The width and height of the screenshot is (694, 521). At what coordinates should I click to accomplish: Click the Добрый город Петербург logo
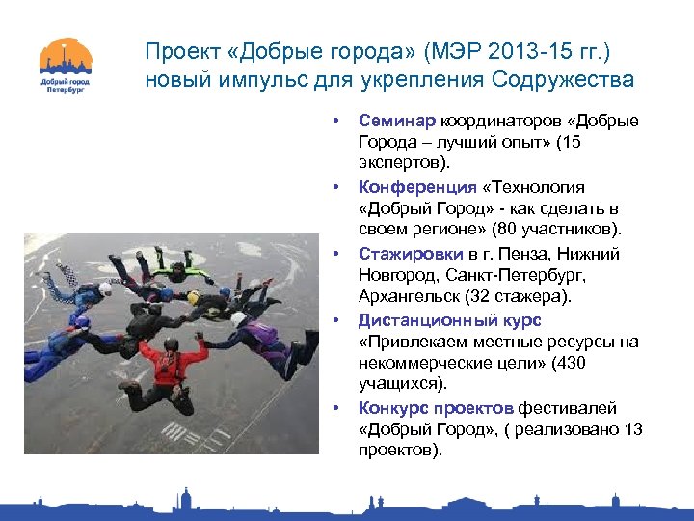point(66,65)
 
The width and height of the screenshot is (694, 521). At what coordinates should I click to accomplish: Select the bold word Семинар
point(396,121)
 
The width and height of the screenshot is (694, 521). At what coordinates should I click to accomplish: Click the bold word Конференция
point(417,187)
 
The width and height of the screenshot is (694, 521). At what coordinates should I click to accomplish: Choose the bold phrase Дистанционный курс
point(449,320)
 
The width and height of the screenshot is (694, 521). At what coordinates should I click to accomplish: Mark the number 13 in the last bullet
point(632,430)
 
